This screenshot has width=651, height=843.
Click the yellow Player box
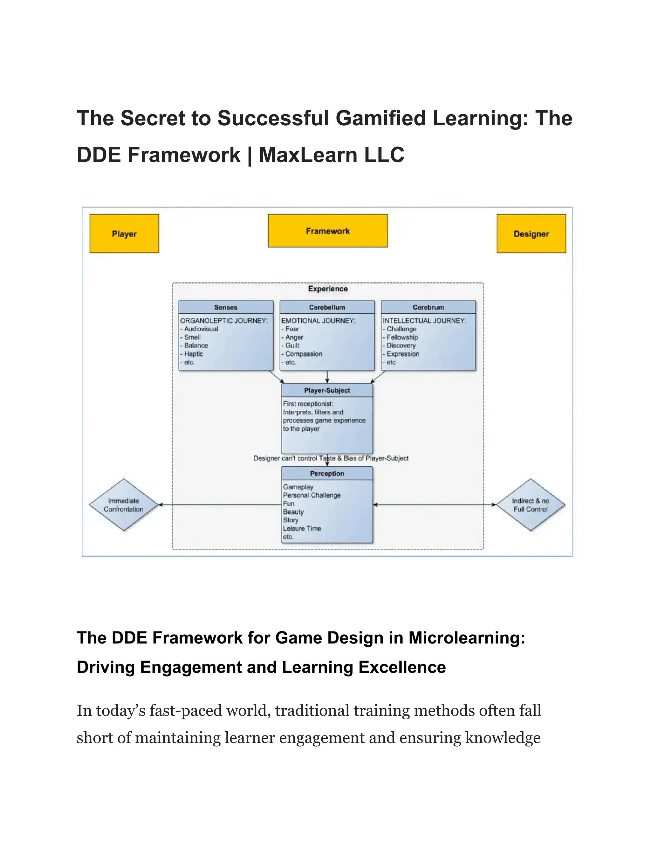124,233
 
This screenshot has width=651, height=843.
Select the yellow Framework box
327,231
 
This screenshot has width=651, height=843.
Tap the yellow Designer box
531,233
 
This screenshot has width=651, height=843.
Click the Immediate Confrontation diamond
123,505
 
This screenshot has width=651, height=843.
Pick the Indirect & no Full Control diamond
530,505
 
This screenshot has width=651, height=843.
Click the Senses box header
226,307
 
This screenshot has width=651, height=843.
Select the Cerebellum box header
327,307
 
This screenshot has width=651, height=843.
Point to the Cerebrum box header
428,307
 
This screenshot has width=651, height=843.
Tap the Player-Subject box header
327,390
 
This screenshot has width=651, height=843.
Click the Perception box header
327,474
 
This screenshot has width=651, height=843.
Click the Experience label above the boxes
328,289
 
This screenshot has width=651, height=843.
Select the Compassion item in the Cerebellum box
304,354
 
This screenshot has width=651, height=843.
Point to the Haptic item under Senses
193,354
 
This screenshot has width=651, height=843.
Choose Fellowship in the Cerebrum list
402,337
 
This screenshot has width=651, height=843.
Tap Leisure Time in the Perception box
302,528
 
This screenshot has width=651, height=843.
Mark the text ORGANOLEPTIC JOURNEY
224,321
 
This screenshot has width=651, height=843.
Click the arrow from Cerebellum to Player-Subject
327,377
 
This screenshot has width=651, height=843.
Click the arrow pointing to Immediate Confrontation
220,505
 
